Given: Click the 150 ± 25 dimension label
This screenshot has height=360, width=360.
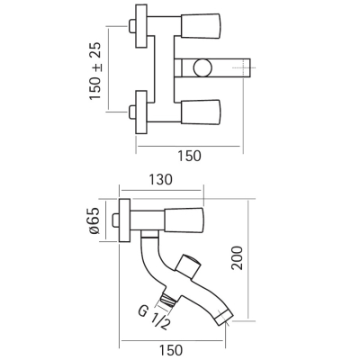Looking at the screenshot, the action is pyautogui.click(x=95, y=70).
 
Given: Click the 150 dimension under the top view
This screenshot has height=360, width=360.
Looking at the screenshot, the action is pyautogui.click(x=190, y=156).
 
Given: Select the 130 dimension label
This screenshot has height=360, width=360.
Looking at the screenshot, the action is pyautogui.click(x=161, y=180).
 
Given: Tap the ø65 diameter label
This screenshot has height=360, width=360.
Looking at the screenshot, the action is pyautogui.click(x=94, y=220).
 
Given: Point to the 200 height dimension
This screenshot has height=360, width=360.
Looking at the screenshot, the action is pyautogui.click(x=238, y=258).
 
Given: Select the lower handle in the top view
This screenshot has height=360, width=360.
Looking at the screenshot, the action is pyautogui.click(x=201, y=112).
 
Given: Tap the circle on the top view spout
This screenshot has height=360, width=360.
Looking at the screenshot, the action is pyautogui.click(x=202, y=68).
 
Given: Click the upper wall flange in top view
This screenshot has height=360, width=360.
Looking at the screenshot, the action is pyautogui.click(x=141, y=26).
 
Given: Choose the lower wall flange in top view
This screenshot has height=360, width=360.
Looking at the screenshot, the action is pyautogui.click(x=141, y=112).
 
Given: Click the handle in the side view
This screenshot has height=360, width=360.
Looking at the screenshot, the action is pyautogui.click(x=184, y=220).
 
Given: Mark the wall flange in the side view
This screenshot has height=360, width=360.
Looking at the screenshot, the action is pyautogui.click(x=125, y=220).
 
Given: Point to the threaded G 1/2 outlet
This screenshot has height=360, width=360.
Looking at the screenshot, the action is pyautogui.click(x=168, y=300).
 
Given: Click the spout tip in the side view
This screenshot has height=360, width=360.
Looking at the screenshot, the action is pyautogui.click(x=224, y=317).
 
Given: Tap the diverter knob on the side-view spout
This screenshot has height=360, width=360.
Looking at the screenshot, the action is pyautogui.click(x=188, y=265).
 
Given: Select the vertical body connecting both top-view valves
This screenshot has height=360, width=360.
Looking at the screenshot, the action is pyautogui.click(x=164, y=68).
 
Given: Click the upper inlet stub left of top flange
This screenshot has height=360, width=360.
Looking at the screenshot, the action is pyautogui.click(x=132, y=26).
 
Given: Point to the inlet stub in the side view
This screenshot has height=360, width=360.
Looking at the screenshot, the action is pyautogui.click(x=115, y=220).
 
